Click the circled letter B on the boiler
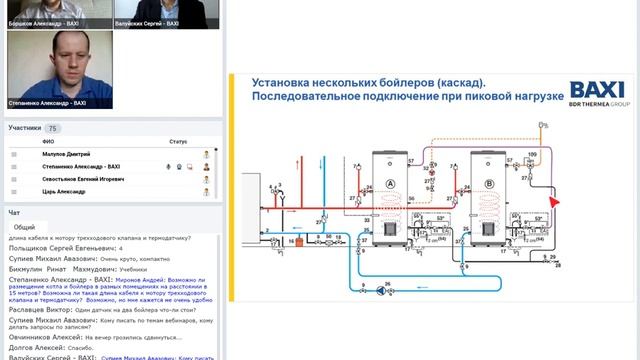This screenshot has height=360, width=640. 488,184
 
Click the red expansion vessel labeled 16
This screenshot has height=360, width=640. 297,242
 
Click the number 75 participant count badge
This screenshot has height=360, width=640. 52,128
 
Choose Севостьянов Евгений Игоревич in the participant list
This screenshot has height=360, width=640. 83,178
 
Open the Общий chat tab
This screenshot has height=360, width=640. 25,227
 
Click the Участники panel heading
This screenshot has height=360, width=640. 25,128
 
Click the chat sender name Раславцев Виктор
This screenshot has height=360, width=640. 37,310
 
